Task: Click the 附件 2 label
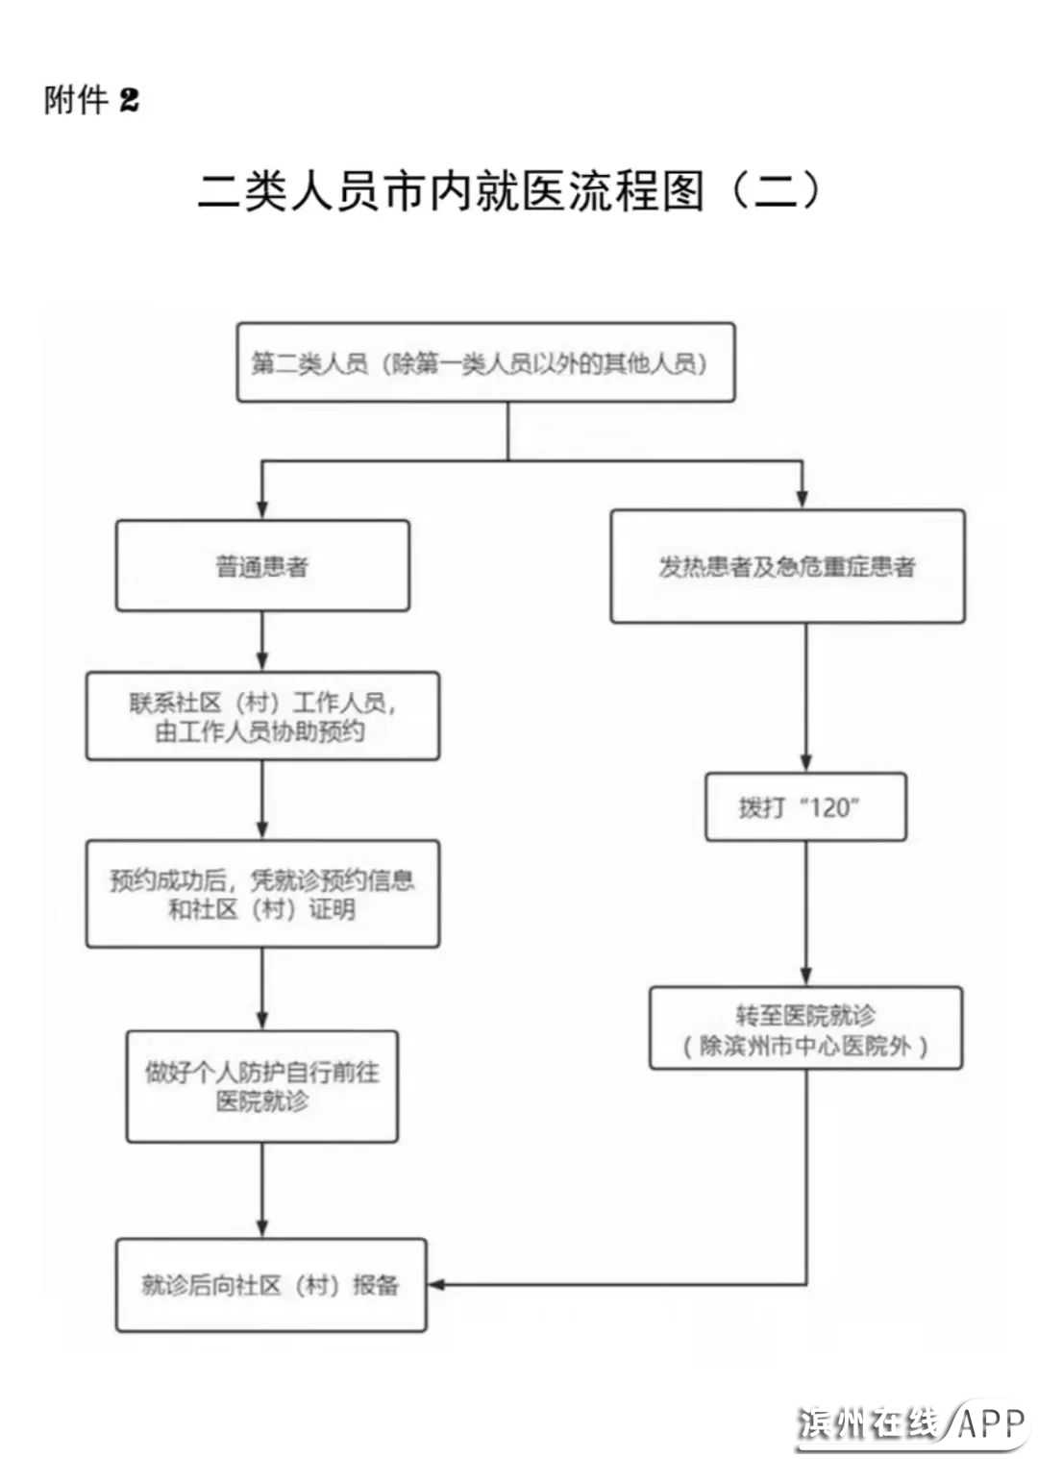pyautogui.click(x=91, y=99)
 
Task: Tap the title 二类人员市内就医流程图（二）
pyautogui.click(x=509, y=190)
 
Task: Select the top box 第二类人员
pyautogui.click(x=485, y=362)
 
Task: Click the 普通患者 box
pyautogui.click(x=262, y=566)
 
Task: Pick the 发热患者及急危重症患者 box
pyautogui.click(x=787, y=566)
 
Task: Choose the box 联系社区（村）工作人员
pyautogui.click(x=262, y=717)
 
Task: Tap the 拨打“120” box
pyautogui.click(x=805, y=807)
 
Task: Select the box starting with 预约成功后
pyautogui.click(x=262, y=894)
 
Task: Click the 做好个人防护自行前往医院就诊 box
pyautogui.click(x=262, y=1086)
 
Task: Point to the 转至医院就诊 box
pyautogui.click(x=805, y=1028)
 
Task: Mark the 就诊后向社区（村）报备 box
pyautogui.click(x=270, y=1285)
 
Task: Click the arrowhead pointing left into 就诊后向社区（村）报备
pyautogui.click(x=435, y=1285)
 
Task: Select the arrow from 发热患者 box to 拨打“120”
pyautogui.click(x=805, y=698)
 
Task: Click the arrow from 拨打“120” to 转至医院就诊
pyautogui.click(x=805, y=913)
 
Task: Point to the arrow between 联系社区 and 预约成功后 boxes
pyautogui.click(x=262, y=801)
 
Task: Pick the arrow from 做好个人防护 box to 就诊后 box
pyautogui.click(x=262, y=1190)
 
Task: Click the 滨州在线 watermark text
pyautogui.click(x=869, y=1422)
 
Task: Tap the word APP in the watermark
pyautogui.click(x=991, y=1422)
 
